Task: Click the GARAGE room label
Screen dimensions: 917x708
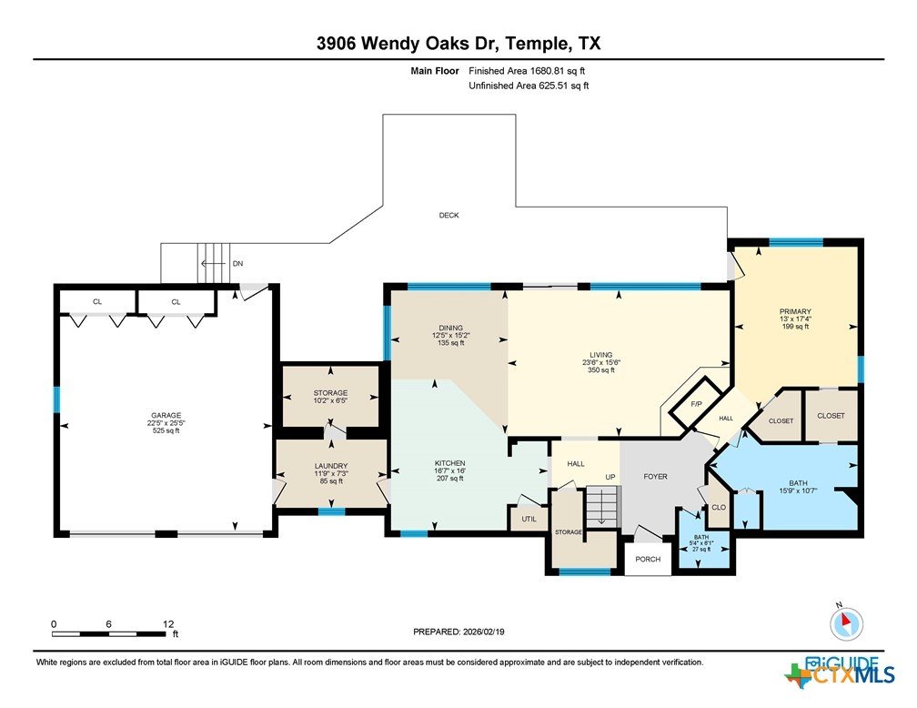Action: pyautogui.click(x=166, y=416)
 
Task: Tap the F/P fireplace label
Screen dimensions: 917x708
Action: pyautogui.click(x=696, y=404)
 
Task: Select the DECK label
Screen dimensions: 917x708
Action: pyautogui.click(x=449, y=216)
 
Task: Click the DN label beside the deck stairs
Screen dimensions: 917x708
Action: pyautogui.click(x=237, y=263)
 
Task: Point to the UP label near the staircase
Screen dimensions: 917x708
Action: pyautogui.click(x=610, y=477)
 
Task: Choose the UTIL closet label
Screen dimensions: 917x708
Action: pyautogui.click(x=529, y=519)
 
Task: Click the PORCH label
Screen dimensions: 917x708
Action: pyautogui.click(x=648, y=560)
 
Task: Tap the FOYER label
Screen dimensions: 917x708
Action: pyautogui.click(x=655, y=476)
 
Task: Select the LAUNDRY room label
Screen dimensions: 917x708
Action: pyautogui.click(x=331, y=466)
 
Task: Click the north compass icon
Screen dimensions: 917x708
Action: pyautogui.click(x=846, y=623)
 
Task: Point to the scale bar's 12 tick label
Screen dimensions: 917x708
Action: pyautogui.click(x=168, y=624)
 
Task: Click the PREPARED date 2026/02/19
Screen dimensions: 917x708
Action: pyautogui.click(x=483, y=632)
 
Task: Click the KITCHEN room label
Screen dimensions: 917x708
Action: pyautogui.click(x=449, y=463)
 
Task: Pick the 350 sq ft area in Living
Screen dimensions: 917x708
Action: pyautogui.click(x=601, y=369)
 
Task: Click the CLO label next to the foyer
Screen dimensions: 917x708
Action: pyautogui.click(x=719, y=507)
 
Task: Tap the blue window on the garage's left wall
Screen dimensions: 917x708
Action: pyautogui.click(x=56, y=400)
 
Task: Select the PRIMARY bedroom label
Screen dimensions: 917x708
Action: pyautogui.click(x=795, y=311)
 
